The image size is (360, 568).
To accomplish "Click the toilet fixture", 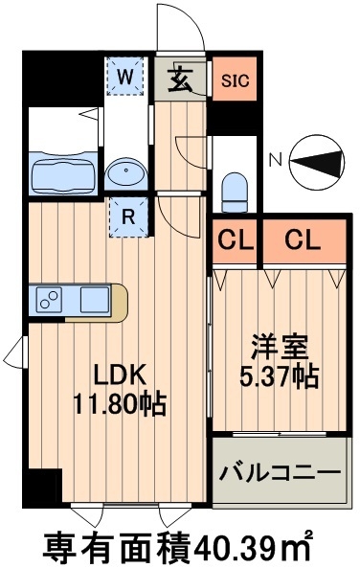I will [234, 192].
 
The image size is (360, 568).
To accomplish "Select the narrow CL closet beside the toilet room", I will [234, 241].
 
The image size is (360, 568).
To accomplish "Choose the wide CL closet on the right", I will [301, 241].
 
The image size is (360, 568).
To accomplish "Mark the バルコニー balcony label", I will [280, 472].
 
